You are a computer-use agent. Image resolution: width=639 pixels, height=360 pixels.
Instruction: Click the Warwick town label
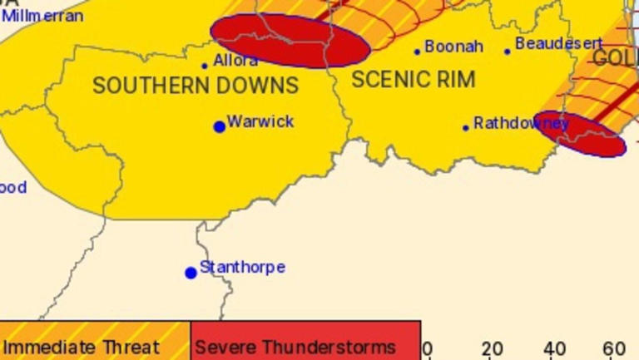(260, 121)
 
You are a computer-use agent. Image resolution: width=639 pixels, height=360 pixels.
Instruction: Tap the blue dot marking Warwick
(220, 126)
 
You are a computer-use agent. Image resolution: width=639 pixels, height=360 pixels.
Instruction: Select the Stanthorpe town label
(242, 267)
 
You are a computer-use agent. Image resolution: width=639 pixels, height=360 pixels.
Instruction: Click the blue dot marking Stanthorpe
(191, 273)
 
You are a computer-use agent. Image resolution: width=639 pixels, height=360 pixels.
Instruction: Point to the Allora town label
(235, 61)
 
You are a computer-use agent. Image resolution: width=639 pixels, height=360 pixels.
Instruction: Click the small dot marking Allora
(205, 66)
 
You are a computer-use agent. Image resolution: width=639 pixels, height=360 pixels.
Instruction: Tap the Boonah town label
(453, 47)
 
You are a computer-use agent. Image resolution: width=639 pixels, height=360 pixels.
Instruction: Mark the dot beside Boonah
(418, 52)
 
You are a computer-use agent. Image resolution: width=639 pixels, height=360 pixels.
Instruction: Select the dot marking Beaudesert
(507, 52)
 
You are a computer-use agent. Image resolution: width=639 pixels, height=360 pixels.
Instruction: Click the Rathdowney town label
(521, 123)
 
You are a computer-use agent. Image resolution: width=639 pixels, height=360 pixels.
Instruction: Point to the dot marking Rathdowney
(466, 128)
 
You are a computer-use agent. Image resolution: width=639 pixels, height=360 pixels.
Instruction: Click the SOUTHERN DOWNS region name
(196, 85)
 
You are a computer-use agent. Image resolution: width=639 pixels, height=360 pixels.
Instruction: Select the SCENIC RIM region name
(414, 79)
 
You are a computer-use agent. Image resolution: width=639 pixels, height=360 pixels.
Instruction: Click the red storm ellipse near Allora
(290, 41)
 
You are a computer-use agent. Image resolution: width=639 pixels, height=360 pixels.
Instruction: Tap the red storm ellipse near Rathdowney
(580, 133)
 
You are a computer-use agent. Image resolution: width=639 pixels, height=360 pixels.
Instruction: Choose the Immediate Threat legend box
(95, 345)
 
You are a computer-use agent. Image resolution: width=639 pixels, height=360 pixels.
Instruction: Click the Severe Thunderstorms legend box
(305, 345)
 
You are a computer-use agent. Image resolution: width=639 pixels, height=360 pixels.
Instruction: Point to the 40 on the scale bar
(555, 348)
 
